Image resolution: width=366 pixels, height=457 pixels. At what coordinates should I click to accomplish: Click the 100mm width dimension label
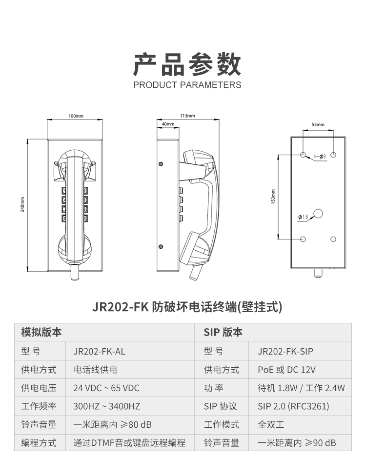[76, 116]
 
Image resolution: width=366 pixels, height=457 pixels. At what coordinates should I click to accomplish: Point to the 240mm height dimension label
[22, 204]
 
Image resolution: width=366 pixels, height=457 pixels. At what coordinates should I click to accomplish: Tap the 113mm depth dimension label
[187, 116]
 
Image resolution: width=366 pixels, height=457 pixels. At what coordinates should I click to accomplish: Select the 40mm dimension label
[168, 124]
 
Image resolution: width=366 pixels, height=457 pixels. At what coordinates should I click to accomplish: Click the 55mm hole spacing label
[318, 124]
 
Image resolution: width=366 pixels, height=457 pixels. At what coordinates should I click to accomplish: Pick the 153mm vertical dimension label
[273, 197]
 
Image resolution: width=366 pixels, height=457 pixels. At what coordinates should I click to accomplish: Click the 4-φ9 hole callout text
[320, 157]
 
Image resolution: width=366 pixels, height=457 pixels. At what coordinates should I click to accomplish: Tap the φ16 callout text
[303, 217]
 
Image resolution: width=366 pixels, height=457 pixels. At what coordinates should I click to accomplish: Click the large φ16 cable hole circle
[318, 214]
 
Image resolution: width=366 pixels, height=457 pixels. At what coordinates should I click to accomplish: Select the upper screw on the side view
[161, 164]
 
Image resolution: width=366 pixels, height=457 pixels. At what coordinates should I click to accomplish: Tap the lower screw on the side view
[161, 247]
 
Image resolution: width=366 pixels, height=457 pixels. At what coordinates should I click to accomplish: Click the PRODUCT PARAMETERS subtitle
[187, 85]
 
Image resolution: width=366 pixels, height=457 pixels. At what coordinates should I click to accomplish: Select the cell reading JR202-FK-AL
[99, 352]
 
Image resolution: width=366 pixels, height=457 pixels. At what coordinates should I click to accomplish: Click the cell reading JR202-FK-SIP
[285, 352]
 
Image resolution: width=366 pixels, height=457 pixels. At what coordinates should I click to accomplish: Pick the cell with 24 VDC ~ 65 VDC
[106, 388]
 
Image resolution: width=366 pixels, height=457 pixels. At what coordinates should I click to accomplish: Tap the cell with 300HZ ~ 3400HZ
[106, 406]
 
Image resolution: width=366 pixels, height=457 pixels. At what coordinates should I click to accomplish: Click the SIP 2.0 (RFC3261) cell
[293, 406]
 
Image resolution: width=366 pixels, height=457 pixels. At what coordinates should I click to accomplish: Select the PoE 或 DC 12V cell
[286, 370]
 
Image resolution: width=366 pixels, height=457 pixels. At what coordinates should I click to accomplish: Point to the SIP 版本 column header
[223, 332]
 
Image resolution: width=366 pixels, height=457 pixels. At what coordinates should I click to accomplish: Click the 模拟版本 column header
[41, 332]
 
